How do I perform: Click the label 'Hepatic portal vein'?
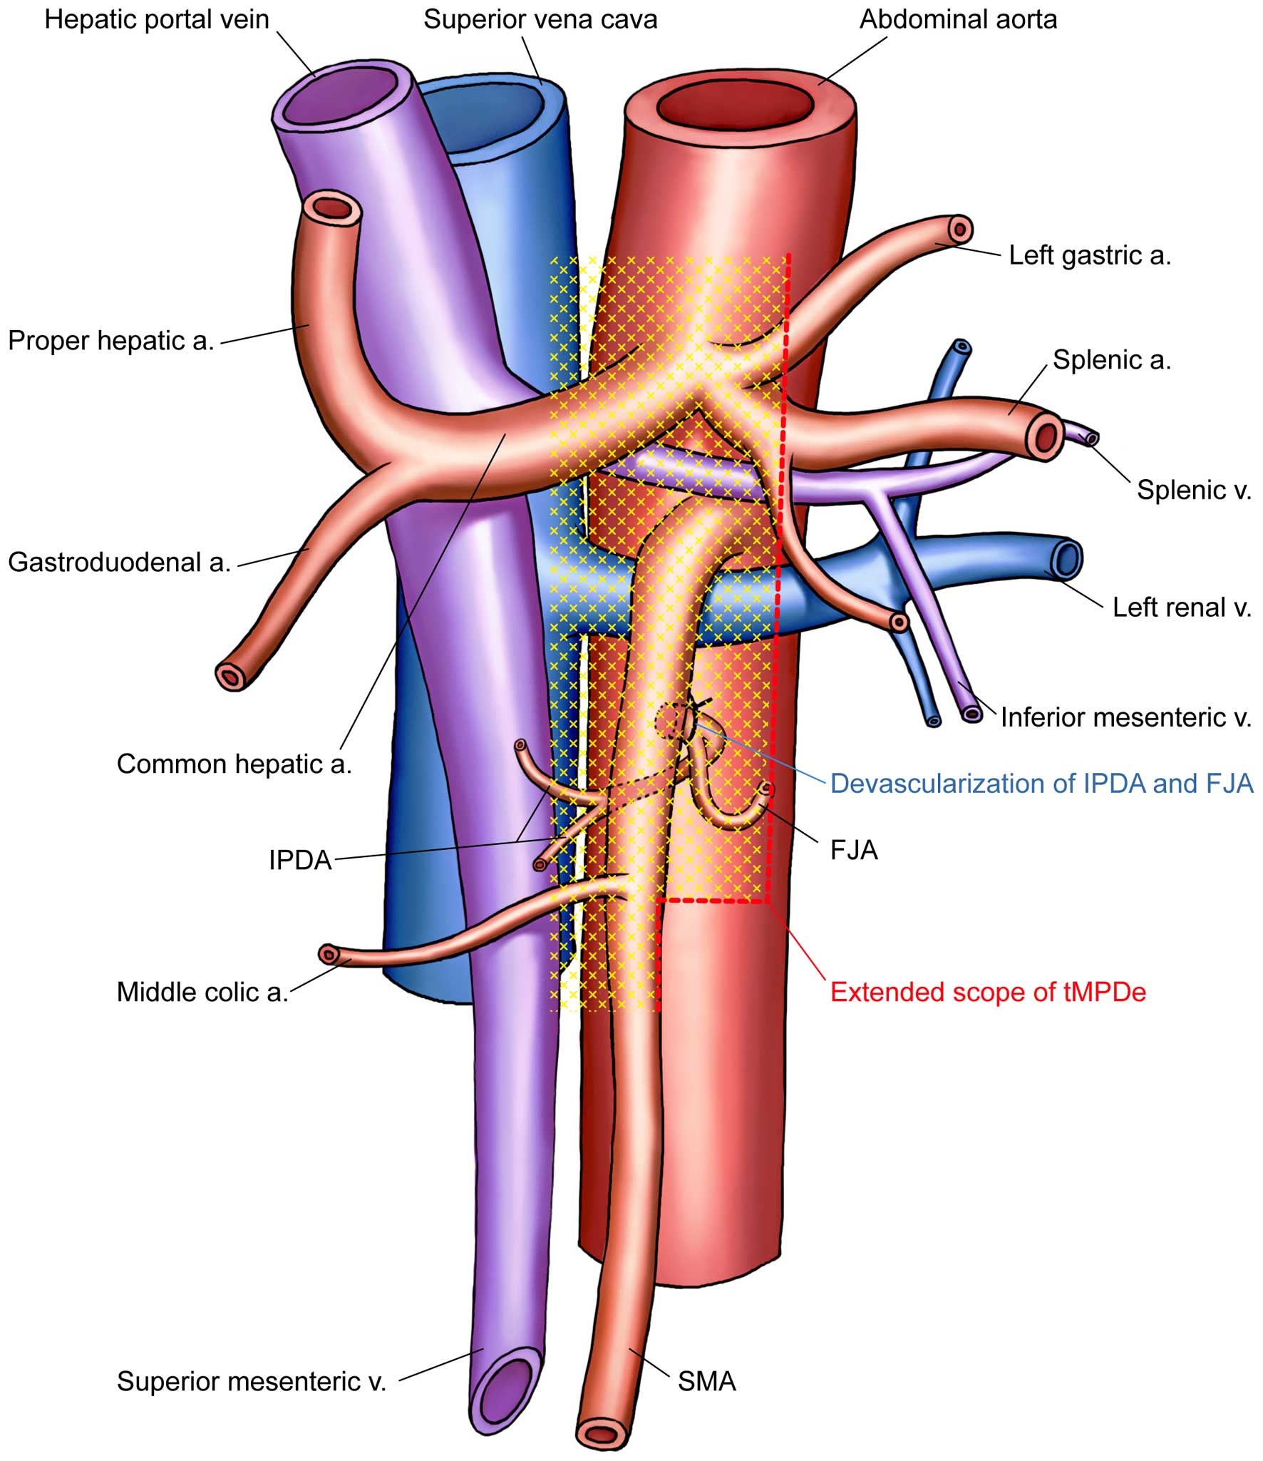(157, 19)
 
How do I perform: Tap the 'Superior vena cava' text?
(540, 19)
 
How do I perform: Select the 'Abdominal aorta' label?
(958, 19)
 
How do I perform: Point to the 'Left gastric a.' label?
(1090, 255)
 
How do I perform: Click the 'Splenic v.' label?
(1194, 490)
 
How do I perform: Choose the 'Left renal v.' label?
(1182, 608)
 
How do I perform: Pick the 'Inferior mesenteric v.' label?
(1125, 717)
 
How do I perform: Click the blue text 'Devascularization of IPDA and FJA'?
(1041, 784)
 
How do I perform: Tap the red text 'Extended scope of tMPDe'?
(988, 993)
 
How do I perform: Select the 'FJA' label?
(854, 850)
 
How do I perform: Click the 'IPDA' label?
(300, 861)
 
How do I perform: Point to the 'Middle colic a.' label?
(202, 993)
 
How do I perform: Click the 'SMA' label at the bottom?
(706, 1382)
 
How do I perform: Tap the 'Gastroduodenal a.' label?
(119, 563)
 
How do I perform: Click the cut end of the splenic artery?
(1046, 436)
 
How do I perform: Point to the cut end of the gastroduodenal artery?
(232, 675)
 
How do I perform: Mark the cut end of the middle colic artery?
(328, 954)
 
